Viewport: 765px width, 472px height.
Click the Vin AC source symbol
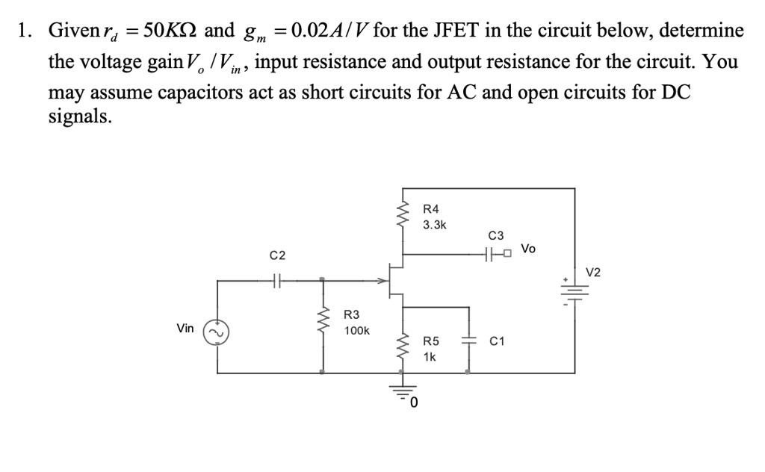pyautogui.click(x=217, y=330)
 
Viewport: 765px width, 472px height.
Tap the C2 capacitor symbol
pyautogui.click(x=276, y=282)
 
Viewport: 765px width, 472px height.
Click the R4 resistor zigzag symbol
pyautogui.click(x=404, y=215)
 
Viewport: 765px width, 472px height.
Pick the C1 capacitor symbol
pyautogui.click(x=468, y=341)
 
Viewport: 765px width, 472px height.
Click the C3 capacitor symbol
pyautogui.click(x=491, y=255)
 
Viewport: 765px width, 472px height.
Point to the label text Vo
pyautogui.click(x=528, y=248)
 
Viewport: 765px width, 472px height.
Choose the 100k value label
pyautogui.click(x=356, y=330)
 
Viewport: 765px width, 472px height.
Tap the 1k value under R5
pyautogui.click(x=430, y=357)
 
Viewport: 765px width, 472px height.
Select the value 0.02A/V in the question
pyautogui.click(x=330, y=31)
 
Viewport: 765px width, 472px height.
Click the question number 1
pyautogui.click(x=24, y=31)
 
